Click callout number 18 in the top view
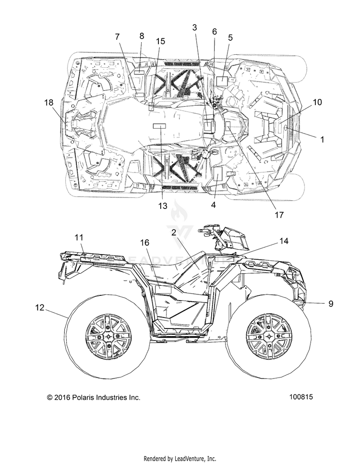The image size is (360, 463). pos(48,102)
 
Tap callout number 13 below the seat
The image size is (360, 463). pos(163,206)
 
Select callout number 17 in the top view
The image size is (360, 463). pos(279,215)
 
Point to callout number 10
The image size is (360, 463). pos(317,102)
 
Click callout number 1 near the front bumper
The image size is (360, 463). pos(322,139)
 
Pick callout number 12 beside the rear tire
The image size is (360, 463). pos(40,307)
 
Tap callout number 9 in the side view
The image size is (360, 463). pos(331,303)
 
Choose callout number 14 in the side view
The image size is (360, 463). pos(284,241)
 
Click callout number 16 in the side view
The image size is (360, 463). pos(144,243)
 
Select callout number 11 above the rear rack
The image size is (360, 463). pos(79,237)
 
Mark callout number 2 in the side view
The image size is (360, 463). pos(174,232)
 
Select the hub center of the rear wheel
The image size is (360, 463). pos(108,337)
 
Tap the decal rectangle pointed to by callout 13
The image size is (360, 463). pos(159,126)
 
